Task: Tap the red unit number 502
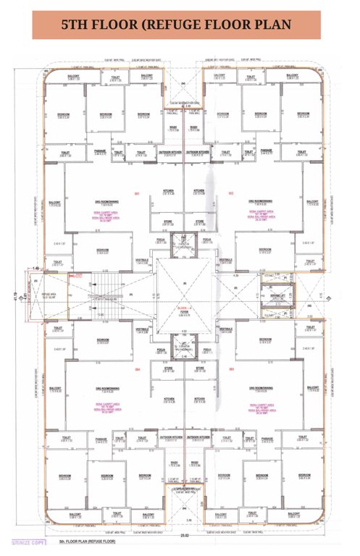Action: click(x=231, y=193)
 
